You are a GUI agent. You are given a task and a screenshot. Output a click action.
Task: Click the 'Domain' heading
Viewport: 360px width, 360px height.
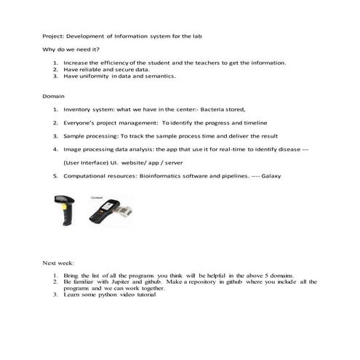coord(53,96)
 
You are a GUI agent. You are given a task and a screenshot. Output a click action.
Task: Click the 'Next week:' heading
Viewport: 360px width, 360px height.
coord(58,262)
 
